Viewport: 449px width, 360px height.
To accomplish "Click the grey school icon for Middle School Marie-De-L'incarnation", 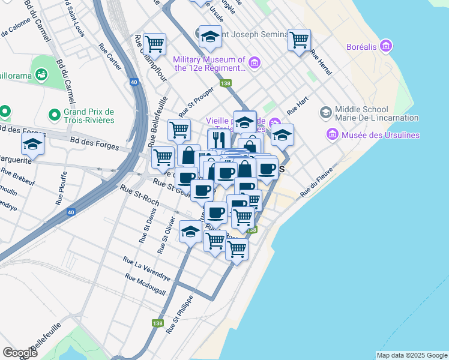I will [325, 112].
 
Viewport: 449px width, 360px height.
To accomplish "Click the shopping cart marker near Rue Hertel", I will [299, 40].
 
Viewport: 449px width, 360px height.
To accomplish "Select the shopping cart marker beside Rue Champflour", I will [155, 44].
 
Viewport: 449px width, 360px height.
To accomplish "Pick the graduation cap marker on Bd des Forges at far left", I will [33, 144].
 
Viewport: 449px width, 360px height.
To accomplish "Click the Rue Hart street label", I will [297, 107].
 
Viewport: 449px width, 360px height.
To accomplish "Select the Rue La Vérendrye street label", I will [146, 269].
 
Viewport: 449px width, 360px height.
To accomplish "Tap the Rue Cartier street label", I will [112, 57].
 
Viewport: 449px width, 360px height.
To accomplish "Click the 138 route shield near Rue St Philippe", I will [158, 323].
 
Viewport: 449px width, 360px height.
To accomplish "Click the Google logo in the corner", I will [20, 352].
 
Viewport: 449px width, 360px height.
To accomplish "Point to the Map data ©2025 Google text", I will [412, 355].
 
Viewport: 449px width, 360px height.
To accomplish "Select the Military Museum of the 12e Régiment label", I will [209, 64].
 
